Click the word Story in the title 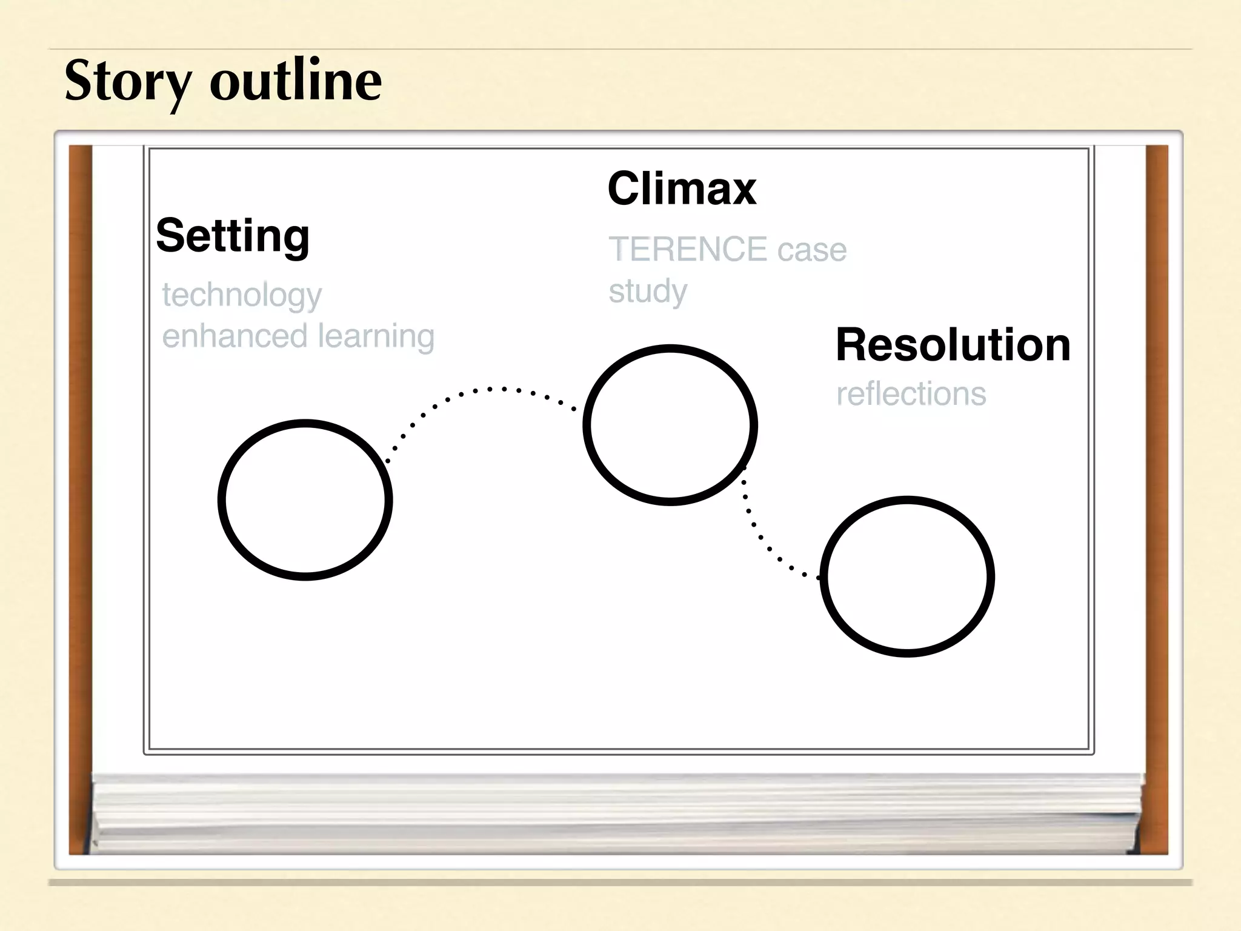click(128, 81)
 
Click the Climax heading click(682, 189)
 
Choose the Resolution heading click(953, 345)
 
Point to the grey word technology click(242, 296)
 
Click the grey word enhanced click(235, 336)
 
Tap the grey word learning click(376, 336)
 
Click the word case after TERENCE click(812, 250)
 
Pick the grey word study click(648, 292)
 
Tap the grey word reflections click(911, 394)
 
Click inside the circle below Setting click(305, 499)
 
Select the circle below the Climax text click(670, 424)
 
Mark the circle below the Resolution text click(907, 576)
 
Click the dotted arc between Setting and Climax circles click(488, 389)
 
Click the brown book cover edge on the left click(80, 497)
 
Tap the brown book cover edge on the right click(1157, 497)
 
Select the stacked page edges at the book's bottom click(615, 812)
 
